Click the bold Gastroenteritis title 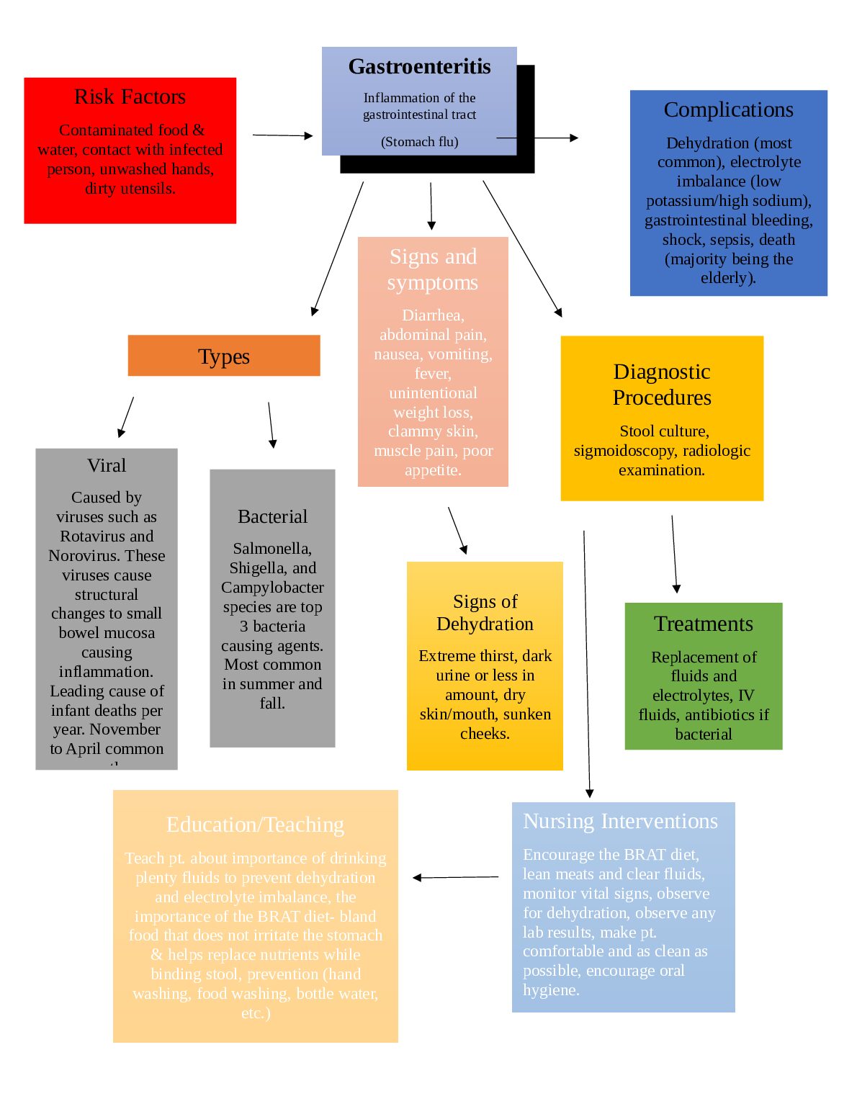click(419, 67)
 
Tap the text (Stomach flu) click(419, 142)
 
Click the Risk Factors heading click(130, 96)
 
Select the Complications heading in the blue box click(728, 109)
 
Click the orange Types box click(224, 356)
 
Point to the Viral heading click(107, 465)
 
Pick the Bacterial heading click(272, 516)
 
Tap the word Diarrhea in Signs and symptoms click(432, 315)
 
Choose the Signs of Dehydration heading click(485, 612)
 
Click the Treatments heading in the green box click(703, 624)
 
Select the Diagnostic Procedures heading click(662, 385)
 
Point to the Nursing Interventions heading click(620, 821)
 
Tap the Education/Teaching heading click(255, 825)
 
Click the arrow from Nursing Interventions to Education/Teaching click(455, 877)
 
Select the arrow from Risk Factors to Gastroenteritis click(282, 135)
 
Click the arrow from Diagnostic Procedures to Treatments click(674, 553)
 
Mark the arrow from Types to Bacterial click(271, 425)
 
